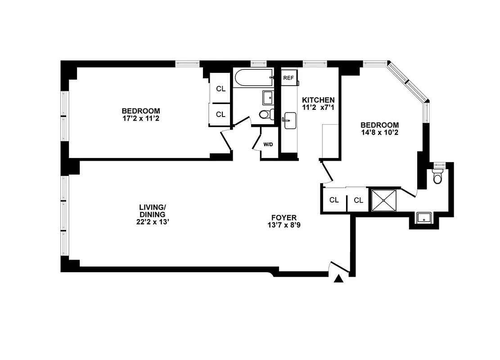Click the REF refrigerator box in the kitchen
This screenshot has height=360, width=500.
click(288, 78)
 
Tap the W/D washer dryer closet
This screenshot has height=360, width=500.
click(268, 145)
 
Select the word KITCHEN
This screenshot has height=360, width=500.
click(318, 100)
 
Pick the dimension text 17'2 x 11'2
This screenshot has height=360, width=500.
click(141, 119)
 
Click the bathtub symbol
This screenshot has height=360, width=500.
click(254, 78)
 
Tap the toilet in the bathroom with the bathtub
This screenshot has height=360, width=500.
click(266, 114)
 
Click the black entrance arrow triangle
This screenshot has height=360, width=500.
click(339, 279)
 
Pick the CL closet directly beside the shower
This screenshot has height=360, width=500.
click(358, 200)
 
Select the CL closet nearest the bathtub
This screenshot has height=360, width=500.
click(221, 89)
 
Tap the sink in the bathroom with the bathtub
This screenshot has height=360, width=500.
click(268, 97)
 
